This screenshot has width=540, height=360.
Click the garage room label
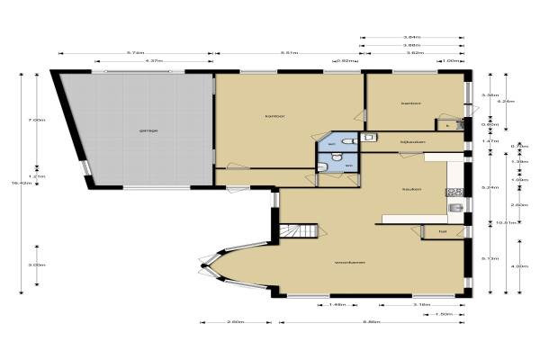[x=148, y=131]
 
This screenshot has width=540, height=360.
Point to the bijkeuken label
[x=411, y=141]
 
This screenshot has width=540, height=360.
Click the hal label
[x=442, y=231]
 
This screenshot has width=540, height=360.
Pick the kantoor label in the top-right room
[x=411, y=104]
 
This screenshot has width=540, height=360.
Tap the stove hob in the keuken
[x=455, y=191]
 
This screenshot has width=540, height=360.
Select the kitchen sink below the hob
[x=456, y=209]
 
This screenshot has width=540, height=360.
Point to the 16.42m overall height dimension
[x=17, y=184]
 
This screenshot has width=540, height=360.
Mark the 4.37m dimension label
[x=154, y=61]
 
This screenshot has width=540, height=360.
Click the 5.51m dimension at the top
[x=289, y=52]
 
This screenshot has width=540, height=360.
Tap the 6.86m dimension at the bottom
[x=370, y=321]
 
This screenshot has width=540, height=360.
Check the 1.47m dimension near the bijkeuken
[x=490, y=141]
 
